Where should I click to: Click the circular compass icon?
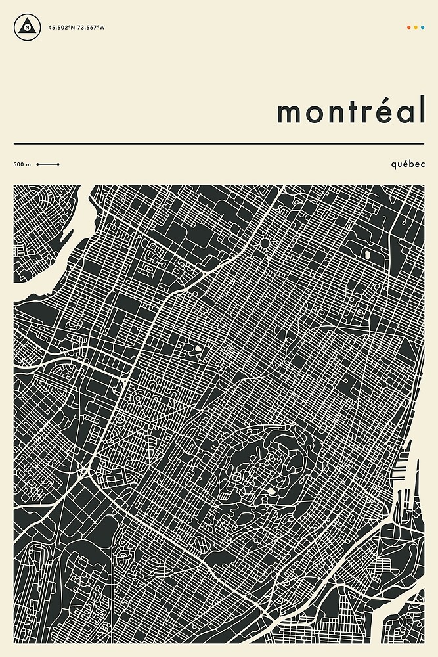(x=26, y=28)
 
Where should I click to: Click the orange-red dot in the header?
(x=409, y=28)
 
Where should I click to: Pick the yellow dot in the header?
(x=416, y=28)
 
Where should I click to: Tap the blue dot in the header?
(x=422, y=28)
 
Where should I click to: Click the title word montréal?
(x=351, y=112)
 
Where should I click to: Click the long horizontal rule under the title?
(x=219, y=143)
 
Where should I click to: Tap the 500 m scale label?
(x=22, y=164)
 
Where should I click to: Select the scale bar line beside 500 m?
(x=48, y=164)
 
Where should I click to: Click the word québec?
(x=407, y=163)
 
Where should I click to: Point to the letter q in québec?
(x=392, y=164)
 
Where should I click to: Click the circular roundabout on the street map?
(x=265, y=244)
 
